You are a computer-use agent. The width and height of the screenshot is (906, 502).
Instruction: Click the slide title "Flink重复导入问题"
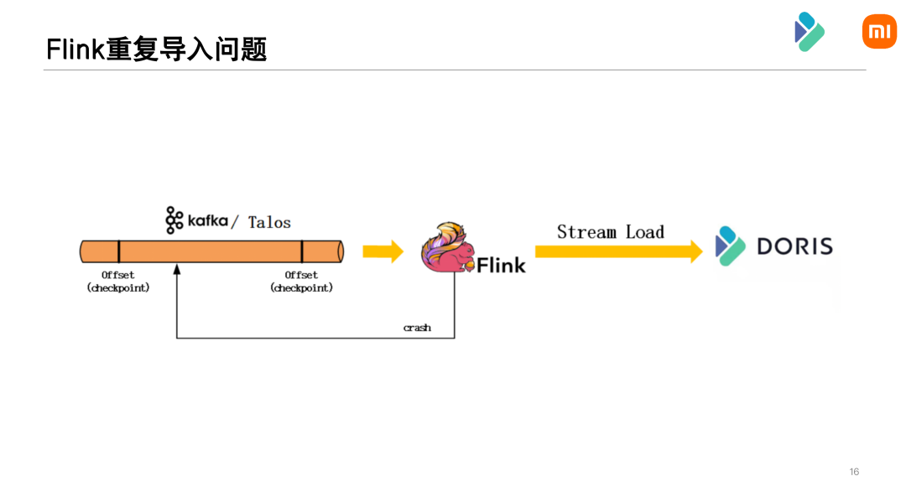(156, 49)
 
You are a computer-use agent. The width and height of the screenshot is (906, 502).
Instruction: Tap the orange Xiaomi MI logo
(879, 32)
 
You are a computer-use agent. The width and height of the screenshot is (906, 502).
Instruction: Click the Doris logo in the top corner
(810, 32)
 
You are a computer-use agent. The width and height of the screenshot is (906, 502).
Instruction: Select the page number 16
(854, 472)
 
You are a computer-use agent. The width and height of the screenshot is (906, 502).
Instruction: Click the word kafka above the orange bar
(207, 220)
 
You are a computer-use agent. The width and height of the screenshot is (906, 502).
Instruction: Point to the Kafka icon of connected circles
(174, 220)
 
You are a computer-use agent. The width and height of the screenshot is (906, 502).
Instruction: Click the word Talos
(269, 222)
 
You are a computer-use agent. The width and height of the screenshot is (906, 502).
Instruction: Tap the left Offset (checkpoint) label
(118, 282)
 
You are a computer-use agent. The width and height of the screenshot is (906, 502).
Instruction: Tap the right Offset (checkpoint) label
(301, 282)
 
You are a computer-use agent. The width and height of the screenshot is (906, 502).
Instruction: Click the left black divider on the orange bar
(118, 251)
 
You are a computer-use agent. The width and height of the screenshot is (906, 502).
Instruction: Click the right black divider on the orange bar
(302, 251)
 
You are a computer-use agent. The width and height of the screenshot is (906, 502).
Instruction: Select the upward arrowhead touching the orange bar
(176, 269)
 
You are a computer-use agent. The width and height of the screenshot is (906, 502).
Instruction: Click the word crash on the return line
(417, 328)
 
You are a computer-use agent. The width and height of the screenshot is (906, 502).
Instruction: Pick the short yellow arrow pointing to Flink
(383, 251)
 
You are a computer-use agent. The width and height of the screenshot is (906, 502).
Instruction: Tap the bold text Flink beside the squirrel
(501, 266)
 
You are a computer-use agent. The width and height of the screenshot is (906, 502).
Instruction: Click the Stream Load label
(610, 232)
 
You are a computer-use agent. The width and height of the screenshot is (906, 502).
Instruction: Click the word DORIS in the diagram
(794, 246)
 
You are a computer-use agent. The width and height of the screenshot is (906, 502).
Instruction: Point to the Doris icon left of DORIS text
(730, 246)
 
